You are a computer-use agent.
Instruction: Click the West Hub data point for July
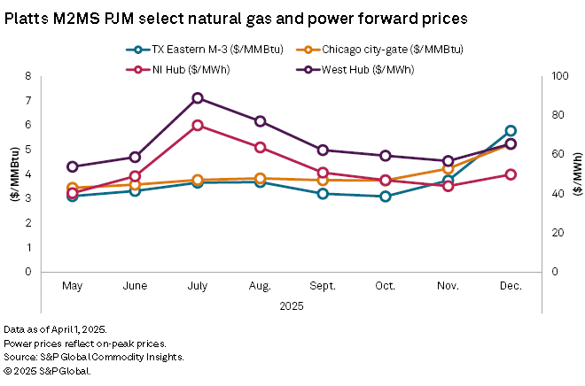[x=198, y=98]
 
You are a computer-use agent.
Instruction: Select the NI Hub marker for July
[x=198, y=126]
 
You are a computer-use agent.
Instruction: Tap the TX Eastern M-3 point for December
[x=511, y=131]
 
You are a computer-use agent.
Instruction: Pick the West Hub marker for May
[x=73, y=166]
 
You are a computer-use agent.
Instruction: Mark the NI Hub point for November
[x=448, y=186]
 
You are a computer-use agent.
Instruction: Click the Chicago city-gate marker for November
[x=448, y=169]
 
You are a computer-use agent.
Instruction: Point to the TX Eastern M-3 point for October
[x=386, y=197]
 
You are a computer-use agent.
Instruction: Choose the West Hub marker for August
[x=261, y=121]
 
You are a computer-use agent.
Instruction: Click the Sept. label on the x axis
[x=323, y=287]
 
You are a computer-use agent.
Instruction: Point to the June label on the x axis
[x=135, y=287]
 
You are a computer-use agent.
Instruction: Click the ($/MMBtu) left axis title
[x=16, y=174]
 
